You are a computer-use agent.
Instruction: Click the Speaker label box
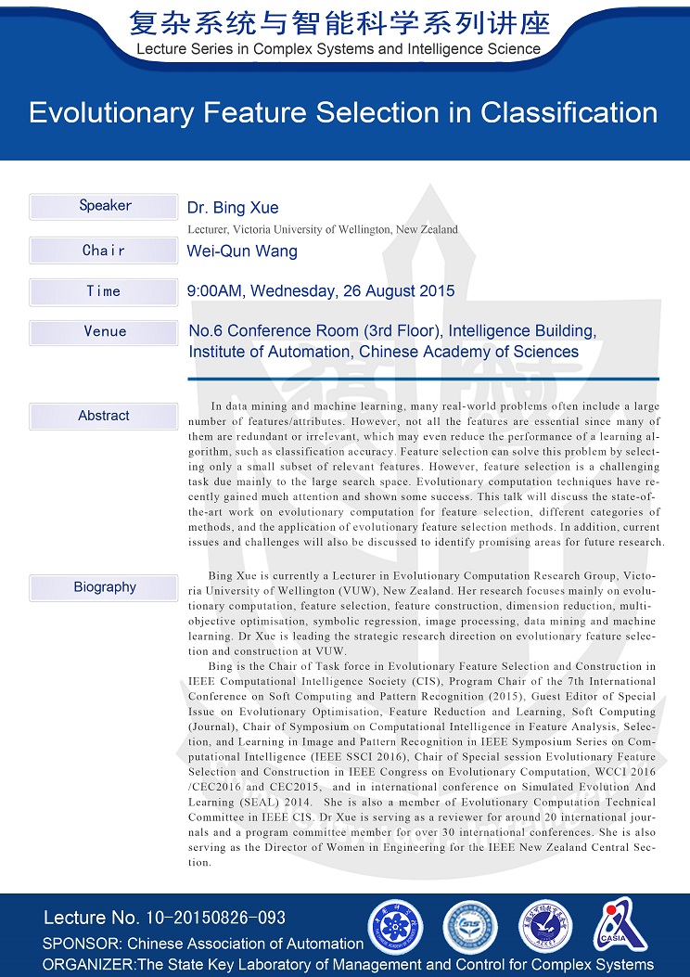click(x=104, y=206)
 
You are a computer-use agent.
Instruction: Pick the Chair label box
click(x=104, y=251)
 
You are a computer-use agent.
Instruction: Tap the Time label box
click(x=104, y=291)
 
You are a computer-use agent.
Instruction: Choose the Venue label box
click(x=104, y=332)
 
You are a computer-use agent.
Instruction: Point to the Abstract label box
click(x=104, y=416)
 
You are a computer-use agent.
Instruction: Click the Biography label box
click(x=104, y=587)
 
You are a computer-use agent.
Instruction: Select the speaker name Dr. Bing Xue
click(x=233, y=208)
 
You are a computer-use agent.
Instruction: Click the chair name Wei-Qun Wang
click(x=242, y=251)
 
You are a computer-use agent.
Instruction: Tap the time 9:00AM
click(x=216, y=291)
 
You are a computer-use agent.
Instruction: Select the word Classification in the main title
click(x=569, y=113)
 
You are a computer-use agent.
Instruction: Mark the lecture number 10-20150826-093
click(x=216, y=919)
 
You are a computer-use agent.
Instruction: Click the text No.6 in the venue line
click(x=206, y=331)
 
